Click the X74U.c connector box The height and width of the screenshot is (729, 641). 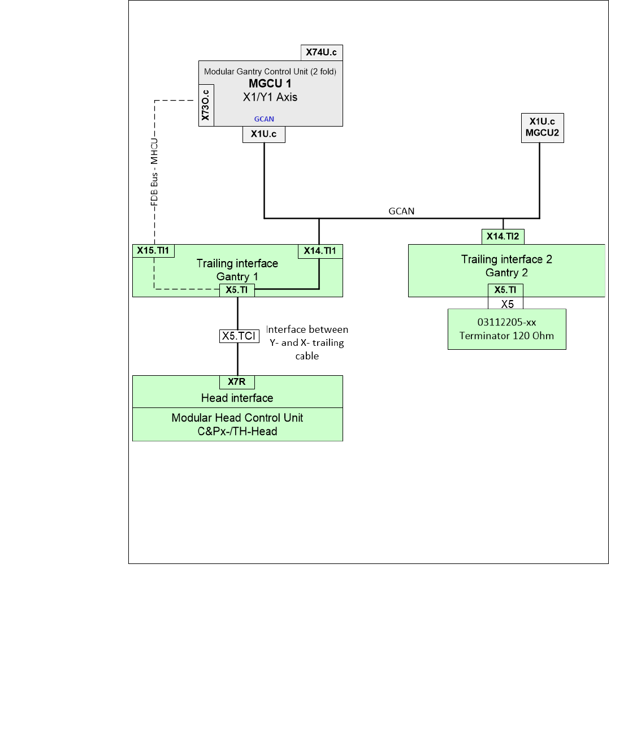[321, 53]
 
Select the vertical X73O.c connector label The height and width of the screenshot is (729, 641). [206, 105]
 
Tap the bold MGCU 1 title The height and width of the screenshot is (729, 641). [270, 84]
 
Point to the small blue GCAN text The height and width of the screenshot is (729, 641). [264, 119]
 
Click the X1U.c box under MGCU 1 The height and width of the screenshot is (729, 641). [264, 134]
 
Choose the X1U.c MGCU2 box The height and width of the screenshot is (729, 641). [542, 128]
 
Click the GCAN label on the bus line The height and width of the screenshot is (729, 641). [401, 211]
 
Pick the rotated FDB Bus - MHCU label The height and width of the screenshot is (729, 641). [154, 172]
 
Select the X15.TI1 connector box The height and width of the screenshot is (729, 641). [153, 251]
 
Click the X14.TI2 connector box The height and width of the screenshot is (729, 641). [503, 237]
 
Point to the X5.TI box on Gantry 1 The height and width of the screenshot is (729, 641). [237, 290]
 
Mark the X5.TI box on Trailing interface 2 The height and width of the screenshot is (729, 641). [505, 290]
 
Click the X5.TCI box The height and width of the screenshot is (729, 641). [239, 336]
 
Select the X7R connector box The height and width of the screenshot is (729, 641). [237, 382]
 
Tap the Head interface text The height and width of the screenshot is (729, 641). [237, 398]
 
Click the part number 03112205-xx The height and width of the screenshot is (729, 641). [506, 323]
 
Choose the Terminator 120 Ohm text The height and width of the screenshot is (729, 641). [506, 336]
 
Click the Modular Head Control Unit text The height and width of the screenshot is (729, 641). [237, 418]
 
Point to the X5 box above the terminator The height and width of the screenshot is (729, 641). [507, 304]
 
